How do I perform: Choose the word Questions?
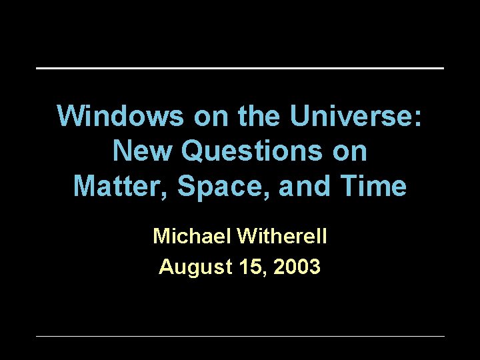[259, 151]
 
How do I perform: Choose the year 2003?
[297, 267]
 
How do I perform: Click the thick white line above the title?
[240, 68]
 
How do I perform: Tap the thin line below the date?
[240, 336]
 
